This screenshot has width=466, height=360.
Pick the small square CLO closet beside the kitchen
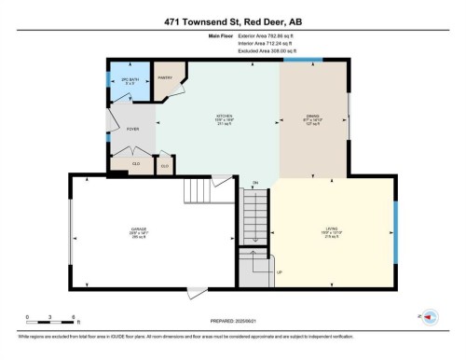165,166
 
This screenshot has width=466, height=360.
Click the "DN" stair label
254,182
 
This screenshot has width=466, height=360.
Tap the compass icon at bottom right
431,318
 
